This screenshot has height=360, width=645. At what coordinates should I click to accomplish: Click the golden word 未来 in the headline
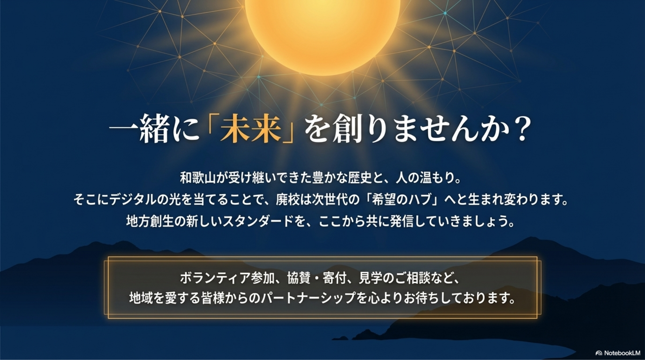click(x=250, y=129)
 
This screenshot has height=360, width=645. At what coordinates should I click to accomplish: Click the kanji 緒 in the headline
click(x=154, y=129)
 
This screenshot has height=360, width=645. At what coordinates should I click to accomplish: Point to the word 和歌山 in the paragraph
click(x=198, y=178)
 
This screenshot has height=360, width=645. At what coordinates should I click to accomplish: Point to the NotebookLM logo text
click(x=622, y=353)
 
